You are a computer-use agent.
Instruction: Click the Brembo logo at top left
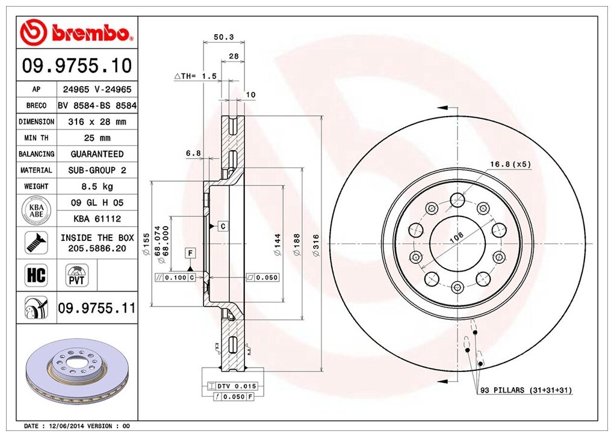coord(75,32)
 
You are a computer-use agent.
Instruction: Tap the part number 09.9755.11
coord(96,308)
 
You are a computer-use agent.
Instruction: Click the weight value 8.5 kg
coord(97,186)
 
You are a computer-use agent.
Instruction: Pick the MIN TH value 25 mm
coord(97,138)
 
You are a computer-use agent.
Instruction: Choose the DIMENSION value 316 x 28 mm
coord(97,121)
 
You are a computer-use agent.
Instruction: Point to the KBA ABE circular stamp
coord(37,210)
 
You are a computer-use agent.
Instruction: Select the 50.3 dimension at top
coord(223,37)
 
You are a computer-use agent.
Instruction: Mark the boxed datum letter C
coord(222,226)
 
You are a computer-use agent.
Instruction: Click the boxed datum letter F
coord(190,252)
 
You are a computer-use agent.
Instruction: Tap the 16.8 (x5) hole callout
coord(510,163)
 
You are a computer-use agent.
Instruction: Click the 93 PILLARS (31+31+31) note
coord(526,391)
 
